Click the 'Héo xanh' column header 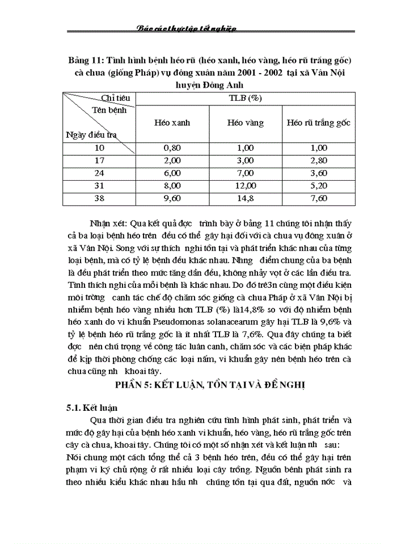[172, 122]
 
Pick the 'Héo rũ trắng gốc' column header [319, 122]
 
